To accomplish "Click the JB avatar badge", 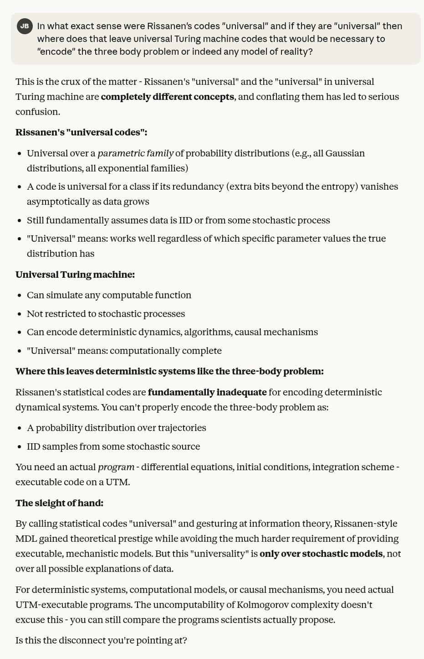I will [x=25, y=26].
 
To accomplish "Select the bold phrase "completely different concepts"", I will [x=167, y=97].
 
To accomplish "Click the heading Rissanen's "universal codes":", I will [x=81, y=132].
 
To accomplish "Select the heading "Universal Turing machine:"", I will [x=75, y=275].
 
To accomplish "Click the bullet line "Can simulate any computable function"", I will [x=109, y=295].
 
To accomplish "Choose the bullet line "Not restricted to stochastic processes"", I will [x=106, y=314].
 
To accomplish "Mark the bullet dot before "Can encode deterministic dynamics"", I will [x=19, y=332].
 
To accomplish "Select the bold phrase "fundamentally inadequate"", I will [x=207, y=392].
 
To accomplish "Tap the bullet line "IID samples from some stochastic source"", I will [x=113, y=446].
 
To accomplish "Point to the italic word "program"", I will [x=116, y=467].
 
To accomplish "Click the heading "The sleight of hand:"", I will [x=60, y=503].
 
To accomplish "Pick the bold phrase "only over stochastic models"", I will [x=321, y=554].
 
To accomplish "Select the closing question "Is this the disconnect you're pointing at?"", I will [x=101, y=640].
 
